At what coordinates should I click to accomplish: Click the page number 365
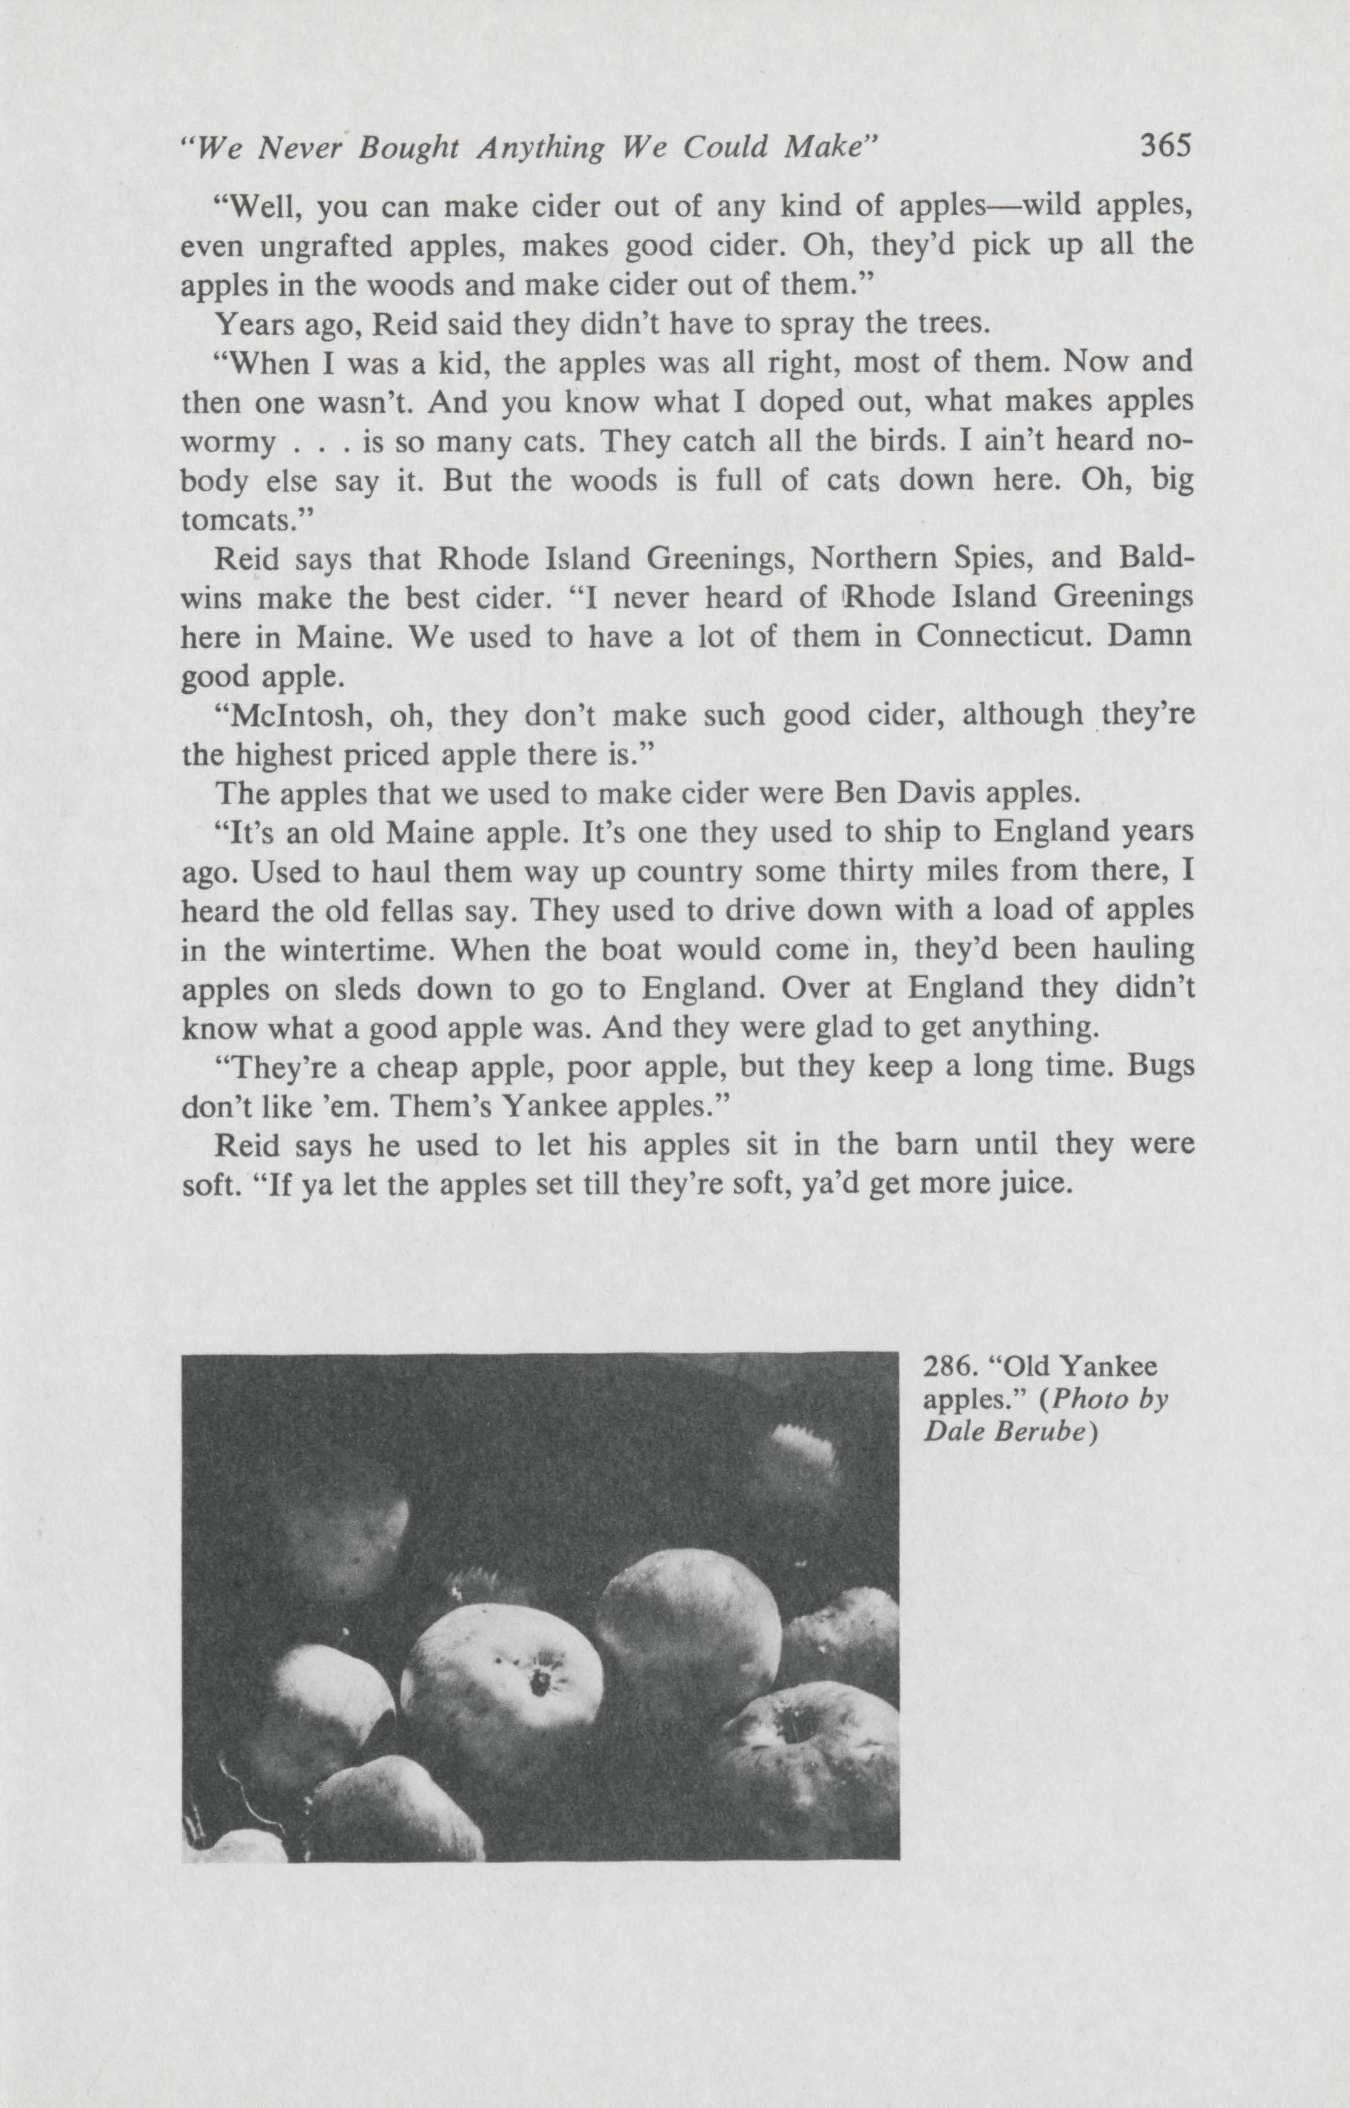[1166, 145]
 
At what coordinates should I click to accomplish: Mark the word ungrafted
[324, 246]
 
